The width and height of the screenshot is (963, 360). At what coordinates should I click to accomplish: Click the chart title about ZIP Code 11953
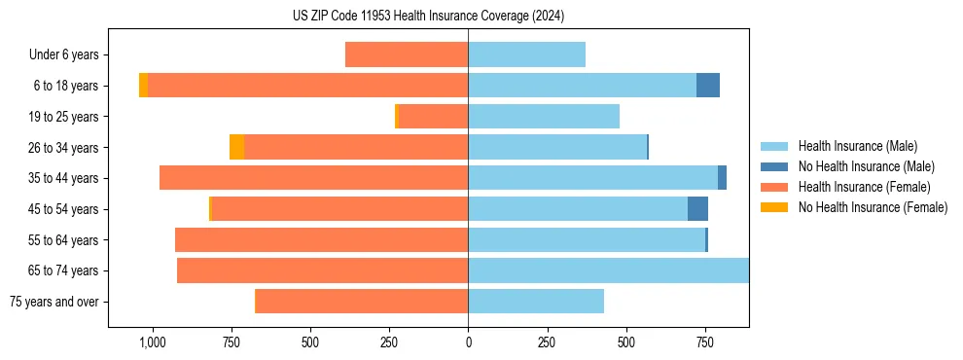point(428,17)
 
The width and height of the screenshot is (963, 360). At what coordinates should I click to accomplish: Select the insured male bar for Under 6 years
point(526,54)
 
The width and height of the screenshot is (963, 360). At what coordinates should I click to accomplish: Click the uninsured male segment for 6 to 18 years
point(708,86)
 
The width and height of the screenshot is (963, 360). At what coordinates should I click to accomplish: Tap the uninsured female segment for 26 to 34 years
point(236,147)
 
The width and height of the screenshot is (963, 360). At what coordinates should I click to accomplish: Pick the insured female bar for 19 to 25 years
point(434,117)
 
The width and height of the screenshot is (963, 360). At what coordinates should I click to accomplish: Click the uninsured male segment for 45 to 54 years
point(697,209)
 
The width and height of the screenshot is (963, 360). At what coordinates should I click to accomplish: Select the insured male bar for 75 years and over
point(536,302)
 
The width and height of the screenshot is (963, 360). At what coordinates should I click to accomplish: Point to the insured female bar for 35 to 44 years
point(313,178)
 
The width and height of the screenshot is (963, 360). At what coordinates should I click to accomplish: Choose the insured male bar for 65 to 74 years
point(608,270)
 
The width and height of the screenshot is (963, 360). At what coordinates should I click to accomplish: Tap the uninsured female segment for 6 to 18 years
point(143,86)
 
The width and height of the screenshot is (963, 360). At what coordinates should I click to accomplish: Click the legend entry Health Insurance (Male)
point(857,147)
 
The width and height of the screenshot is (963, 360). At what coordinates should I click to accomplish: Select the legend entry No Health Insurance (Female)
point(873,207)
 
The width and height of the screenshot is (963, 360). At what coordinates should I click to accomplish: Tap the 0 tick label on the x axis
point(468,342)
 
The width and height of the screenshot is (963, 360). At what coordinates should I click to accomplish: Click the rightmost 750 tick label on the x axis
point(704,342)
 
